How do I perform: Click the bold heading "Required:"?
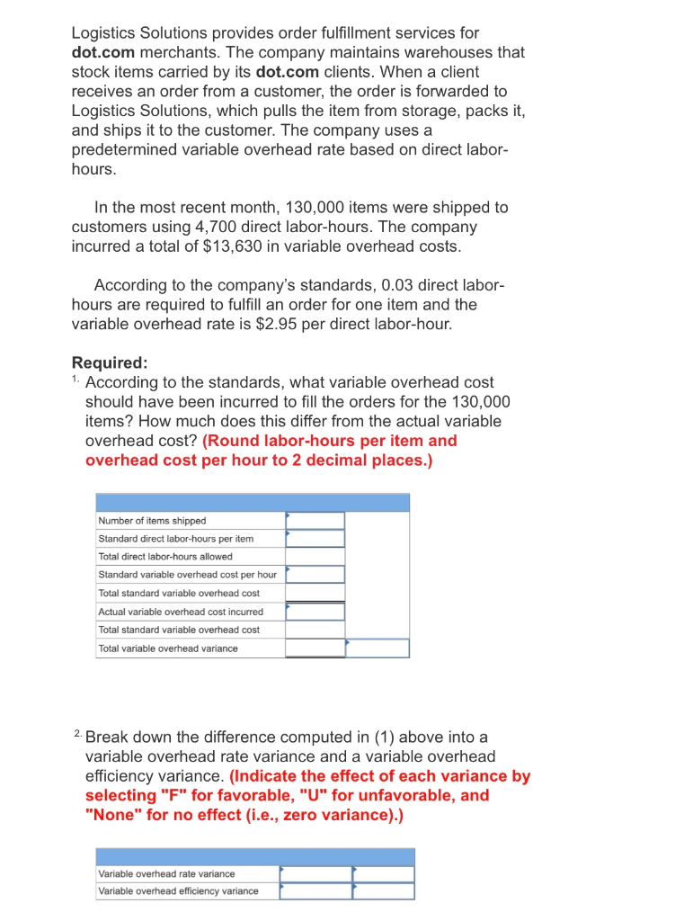point(109,363)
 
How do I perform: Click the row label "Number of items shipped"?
point(152,521)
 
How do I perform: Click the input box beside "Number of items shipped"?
point(315,521)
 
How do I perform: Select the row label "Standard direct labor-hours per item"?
point(175,539)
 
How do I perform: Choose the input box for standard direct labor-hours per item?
point(315,539)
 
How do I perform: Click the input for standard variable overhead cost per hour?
point(315,575)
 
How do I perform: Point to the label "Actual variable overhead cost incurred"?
point(181,612)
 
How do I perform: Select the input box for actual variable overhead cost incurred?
point(315,612)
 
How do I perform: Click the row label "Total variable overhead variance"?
point(168,648)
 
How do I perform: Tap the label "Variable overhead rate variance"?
point(166,874)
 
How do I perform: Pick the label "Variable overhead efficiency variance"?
point(178,891)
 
